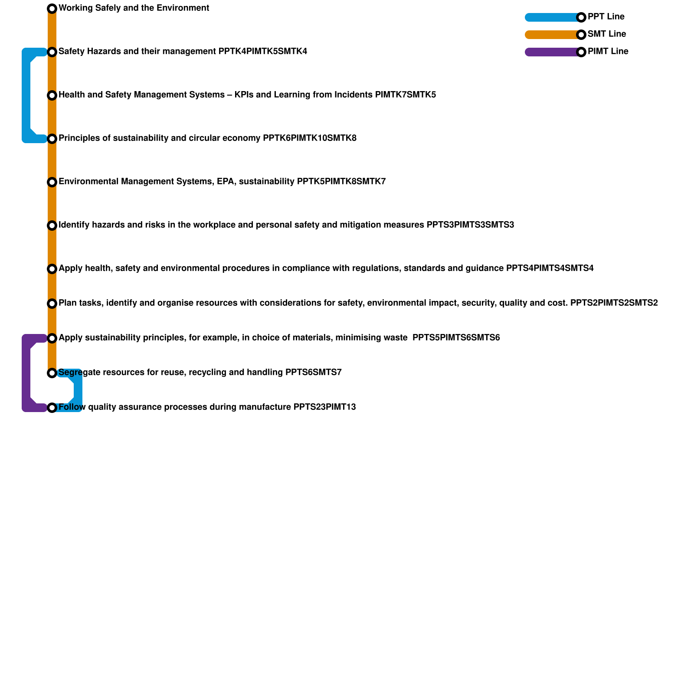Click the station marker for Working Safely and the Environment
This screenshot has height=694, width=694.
click(52, 9)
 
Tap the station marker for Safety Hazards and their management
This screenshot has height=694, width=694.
click(52, 52)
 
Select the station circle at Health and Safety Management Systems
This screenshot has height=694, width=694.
click(52, 95)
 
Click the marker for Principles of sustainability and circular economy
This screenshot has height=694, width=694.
click(52, 139)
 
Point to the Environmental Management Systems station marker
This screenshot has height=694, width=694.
click(52, 182)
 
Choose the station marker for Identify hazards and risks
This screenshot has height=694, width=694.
click(52, 226)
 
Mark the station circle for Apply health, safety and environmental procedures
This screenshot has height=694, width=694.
click(52, 269)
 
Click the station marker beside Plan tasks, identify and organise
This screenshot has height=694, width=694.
click(52, 304)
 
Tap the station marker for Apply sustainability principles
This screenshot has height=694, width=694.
click(52, 338)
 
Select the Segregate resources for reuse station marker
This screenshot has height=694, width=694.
click(52, 373)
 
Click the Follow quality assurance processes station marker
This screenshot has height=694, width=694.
click(52, 408)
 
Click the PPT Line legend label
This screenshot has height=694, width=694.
click(606, 17)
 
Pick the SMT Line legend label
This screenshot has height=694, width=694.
click(607, 34)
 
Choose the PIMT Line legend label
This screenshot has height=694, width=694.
click(608, 52)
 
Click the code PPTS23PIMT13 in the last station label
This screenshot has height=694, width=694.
click(324, 407)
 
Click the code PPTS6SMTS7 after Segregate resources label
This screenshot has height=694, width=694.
click(313, 373)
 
